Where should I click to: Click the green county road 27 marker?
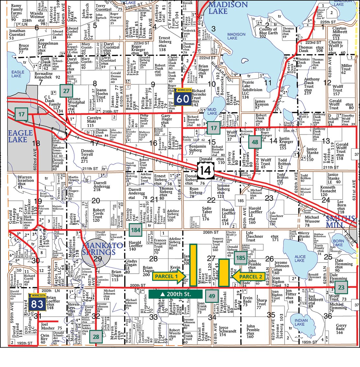[66, 91]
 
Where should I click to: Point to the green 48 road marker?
[255, 142]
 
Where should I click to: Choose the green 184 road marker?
[136, 230]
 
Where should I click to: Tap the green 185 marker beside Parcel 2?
[241, 258]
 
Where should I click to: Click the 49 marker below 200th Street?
[212, 296]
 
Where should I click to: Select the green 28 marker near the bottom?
[96, 337]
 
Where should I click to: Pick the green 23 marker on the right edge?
[342, 287]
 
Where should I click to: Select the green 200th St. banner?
[175, 294]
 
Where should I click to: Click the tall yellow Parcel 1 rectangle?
[193, 265]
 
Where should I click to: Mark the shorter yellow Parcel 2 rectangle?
[223, 273]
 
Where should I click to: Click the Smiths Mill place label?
[340, 221]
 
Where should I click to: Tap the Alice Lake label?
[299, 258]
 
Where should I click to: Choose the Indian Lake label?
[299, 322]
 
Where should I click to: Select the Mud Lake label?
[212, 111]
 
